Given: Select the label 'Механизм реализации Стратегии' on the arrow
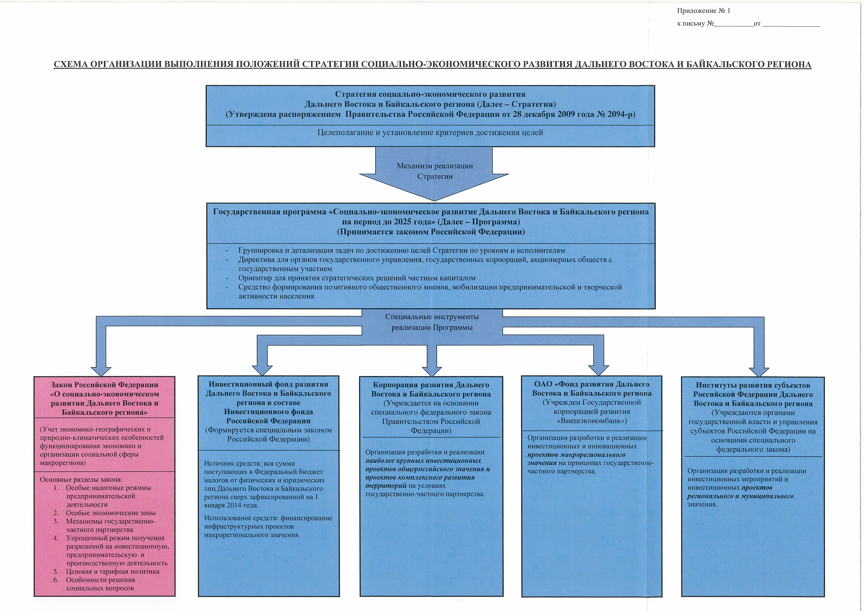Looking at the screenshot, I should click(x=435, y=171).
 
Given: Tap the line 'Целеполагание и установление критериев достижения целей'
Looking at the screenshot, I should click(x=430, y=132).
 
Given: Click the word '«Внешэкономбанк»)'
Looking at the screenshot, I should click(x=592, y=421).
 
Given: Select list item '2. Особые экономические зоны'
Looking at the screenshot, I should click(x=110, y=513).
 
